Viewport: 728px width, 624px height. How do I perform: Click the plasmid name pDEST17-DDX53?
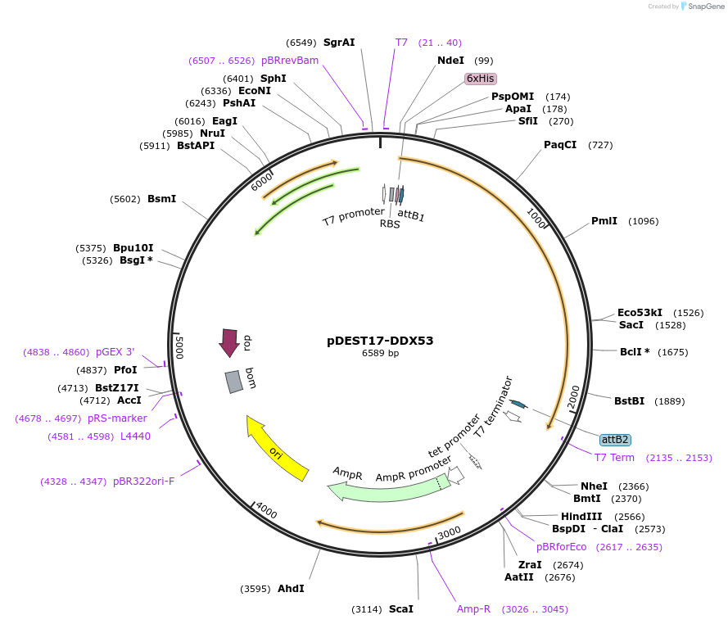point(380,341)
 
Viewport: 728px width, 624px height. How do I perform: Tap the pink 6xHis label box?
point(480,79)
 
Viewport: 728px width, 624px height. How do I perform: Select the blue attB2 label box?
point(615,440)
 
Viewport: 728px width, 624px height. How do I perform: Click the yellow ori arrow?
point(278,450)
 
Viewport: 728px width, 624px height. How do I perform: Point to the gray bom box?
point(234,381)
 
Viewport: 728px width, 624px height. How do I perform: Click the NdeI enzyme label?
point(450,61)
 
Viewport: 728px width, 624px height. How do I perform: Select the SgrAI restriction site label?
point(339,43)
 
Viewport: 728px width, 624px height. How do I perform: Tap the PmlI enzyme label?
point(604,221)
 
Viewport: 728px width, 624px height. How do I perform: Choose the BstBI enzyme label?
point(629,401)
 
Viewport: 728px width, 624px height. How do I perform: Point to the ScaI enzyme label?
point(401,609)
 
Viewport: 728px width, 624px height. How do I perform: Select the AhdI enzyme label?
point(291,589)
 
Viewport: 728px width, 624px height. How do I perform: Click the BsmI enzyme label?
point(161,199)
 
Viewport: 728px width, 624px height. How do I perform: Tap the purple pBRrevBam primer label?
point(290,61)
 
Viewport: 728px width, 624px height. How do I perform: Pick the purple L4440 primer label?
point(135,436)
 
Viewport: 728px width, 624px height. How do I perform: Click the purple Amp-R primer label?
point(473,609)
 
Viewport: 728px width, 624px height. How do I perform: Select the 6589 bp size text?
point(380,354)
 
